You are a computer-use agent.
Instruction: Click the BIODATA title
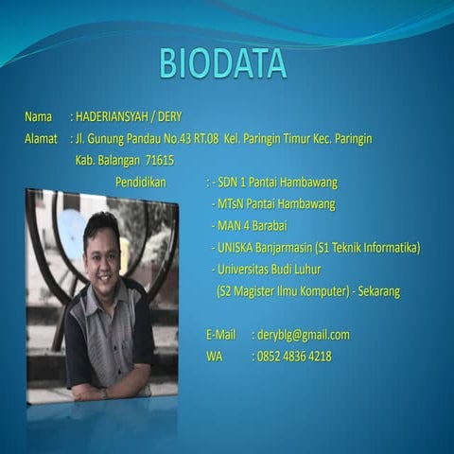(x=222, y=62)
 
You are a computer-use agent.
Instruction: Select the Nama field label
(x=39, y=117)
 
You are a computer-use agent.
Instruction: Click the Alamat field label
(x=42, y=139)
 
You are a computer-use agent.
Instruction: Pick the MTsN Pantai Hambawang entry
(x=274, y=203)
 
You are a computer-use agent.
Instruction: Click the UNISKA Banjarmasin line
(x=316, y=247)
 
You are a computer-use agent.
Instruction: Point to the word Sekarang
(x=377, y=290)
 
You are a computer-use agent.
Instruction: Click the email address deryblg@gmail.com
(x=303, y=335)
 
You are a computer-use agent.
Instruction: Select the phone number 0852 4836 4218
(x=294, y=357)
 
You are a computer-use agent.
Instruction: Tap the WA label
(x=215, y=357)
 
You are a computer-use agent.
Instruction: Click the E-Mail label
(x=220, y=335)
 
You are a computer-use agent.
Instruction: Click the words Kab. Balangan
(x=103, y=161)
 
